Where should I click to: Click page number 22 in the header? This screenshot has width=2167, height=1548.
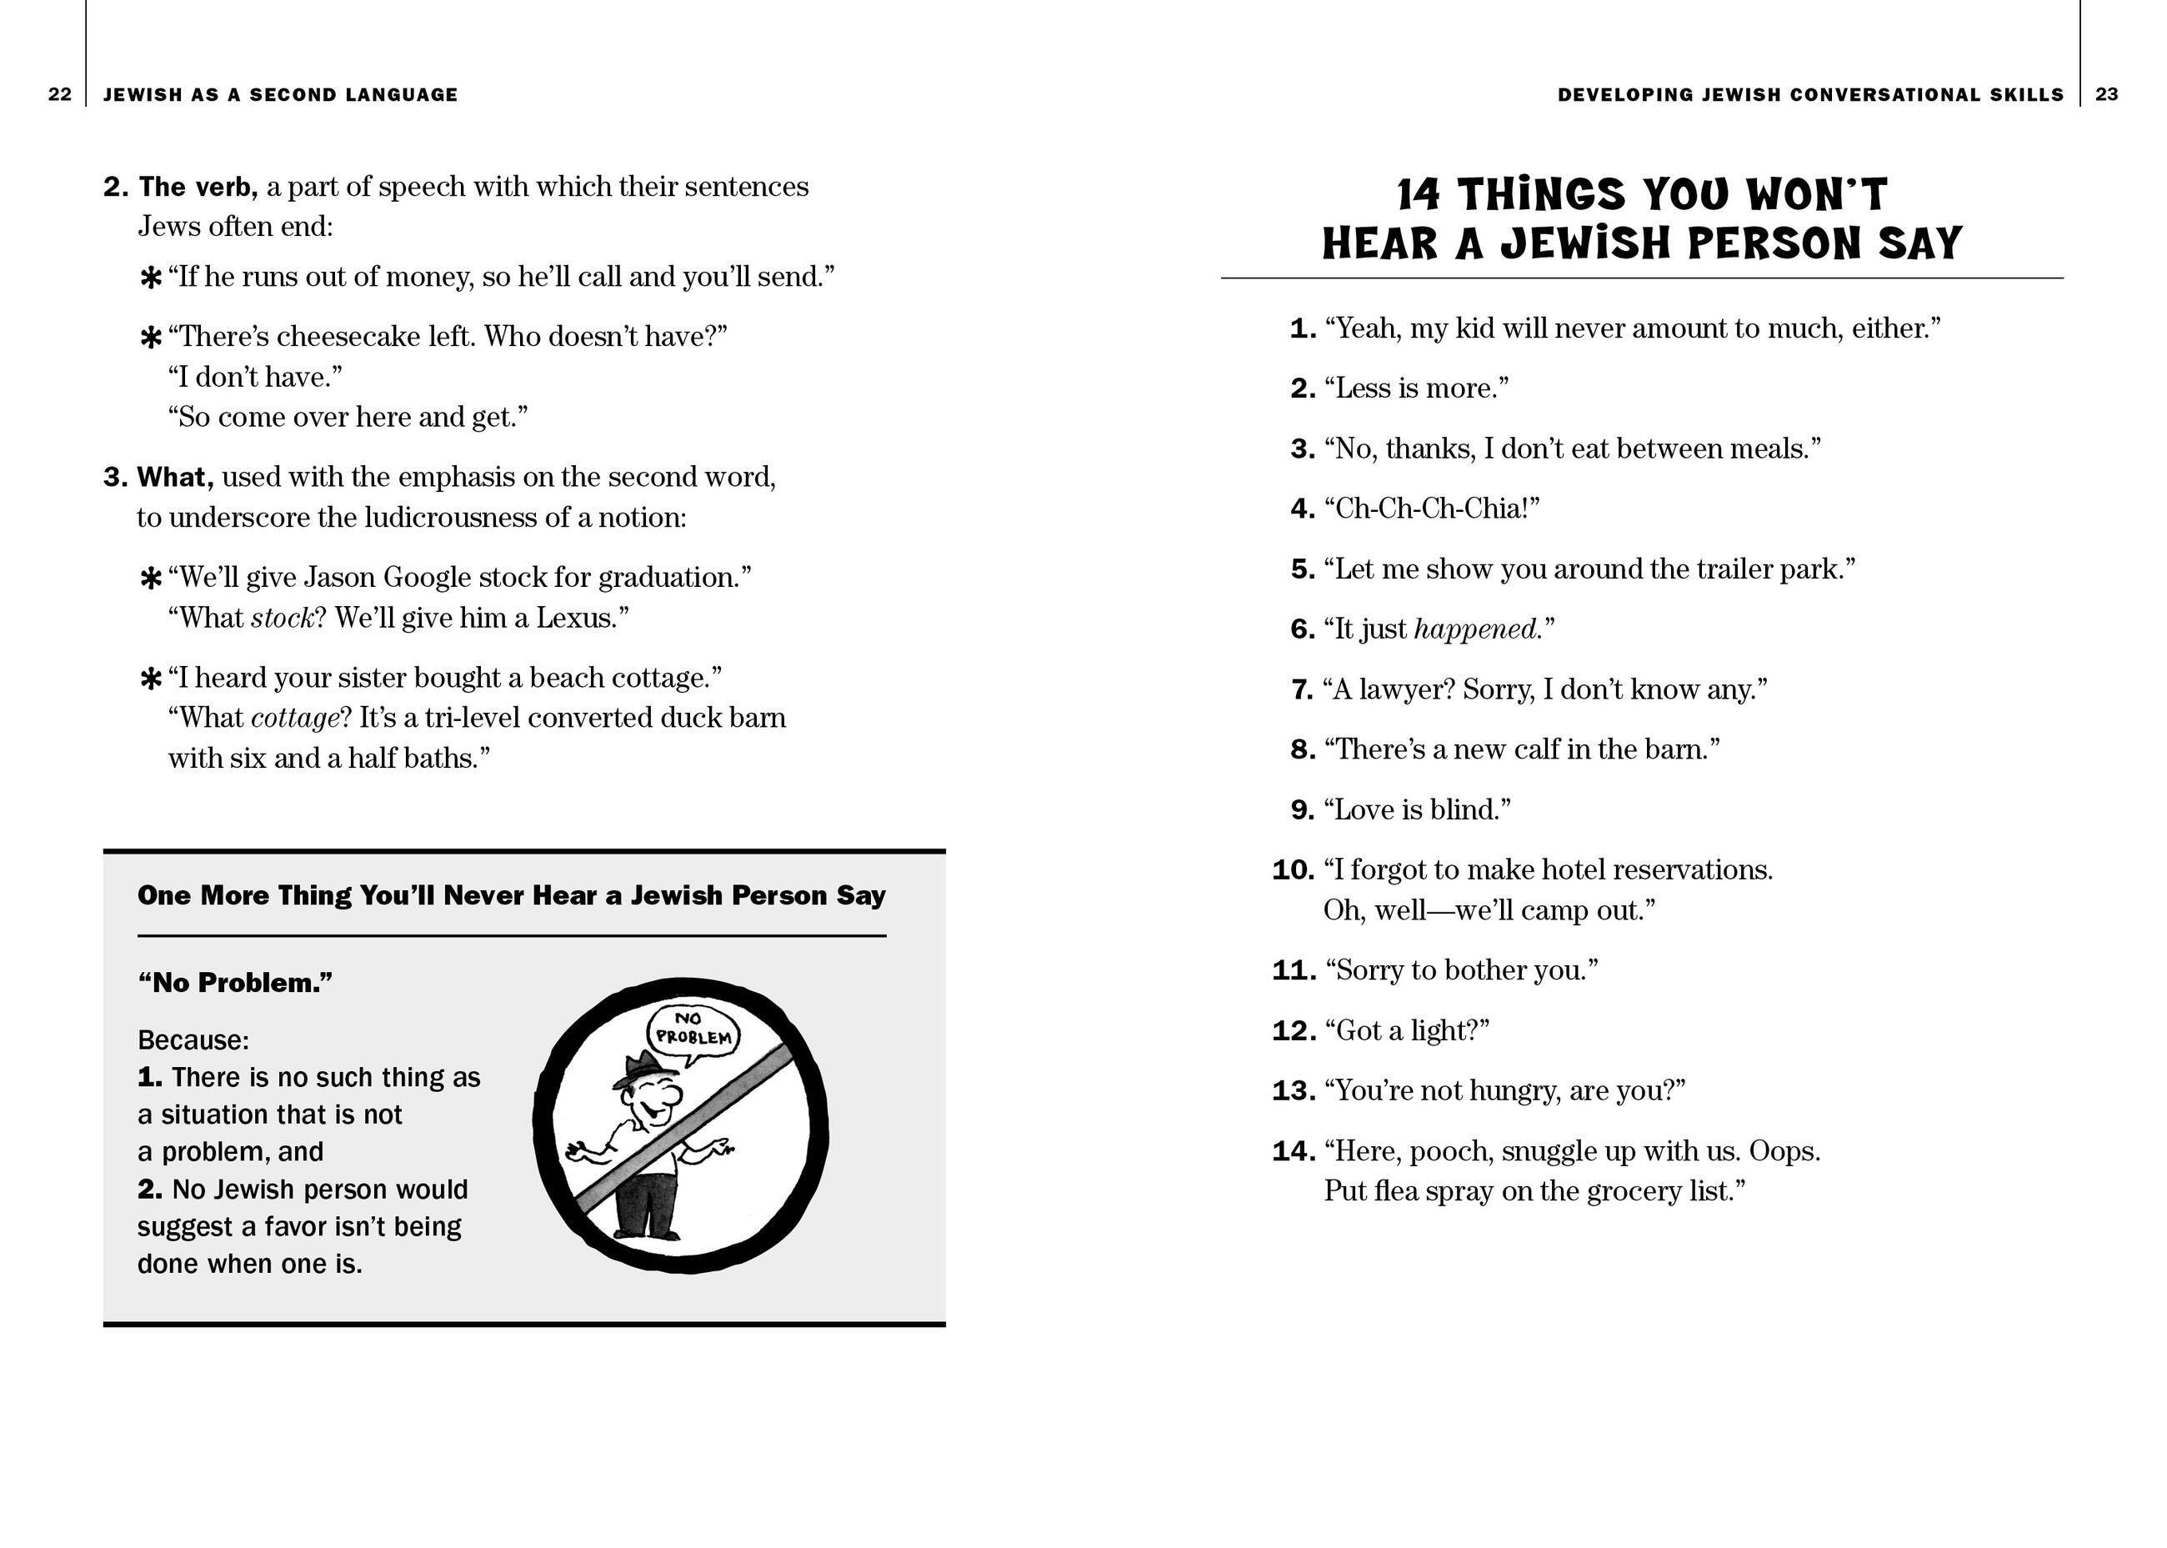pyautogui.click(x=59, y=94)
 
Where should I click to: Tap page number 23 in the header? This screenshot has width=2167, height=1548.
pyautogui.click(x=2107, y=94)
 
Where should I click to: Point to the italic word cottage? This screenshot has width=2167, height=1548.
pyautogui.click(x=294, y=718)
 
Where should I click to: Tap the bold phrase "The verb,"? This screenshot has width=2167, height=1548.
pyautogui.click(x=198, y=187)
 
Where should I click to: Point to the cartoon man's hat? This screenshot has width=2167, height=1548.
pyautogui.click(x=637, y=1069)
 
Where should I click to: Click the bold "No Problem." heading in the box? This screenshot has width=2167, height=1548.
pyautogui.click(x=235, y=983)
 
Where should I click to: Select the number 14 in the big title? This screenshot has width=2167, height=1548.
pyautogui.click(x=1418, y=195)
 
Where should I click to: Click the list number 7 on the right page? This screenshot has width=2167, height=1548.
pyautogui.click(x=1302, y=689)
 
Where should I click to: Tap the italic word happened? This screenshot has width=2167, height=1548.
pyautogui.click(x=1475, y=629)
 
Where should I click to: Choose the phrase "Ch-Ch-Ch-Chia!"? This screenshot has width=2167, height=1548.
pyautogui.click(x=1431, y=509)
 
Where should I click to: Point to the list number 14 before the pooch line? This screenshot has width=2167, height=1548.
pyautogui.click(x=1294, y=1151)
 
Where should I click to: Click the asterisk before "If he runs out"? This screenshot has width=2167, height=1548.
pyautogui.click(x=151, y=278)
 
